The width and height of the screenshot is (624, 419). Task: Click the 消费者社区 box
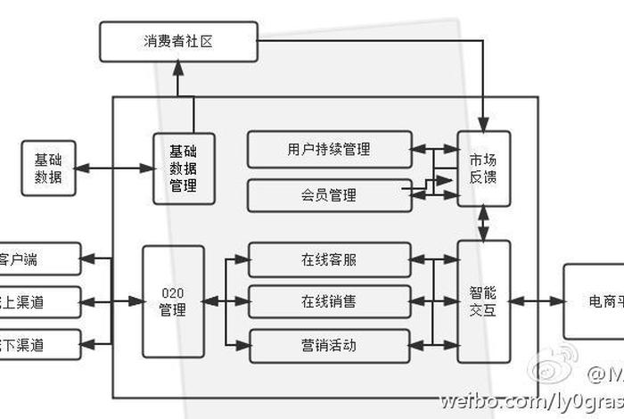(178, 42)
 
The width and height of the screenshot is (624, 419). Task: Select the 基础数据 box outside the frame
(48, 168)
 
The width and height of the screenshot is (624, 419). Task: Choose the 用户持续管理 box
(329, 149)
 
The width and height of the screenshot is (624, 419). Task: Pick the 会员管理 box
(329, 195)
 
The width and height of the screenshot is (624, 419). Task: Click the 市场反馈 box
(484, 168)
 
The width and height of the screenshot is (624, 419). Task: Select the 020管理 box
(173, 301)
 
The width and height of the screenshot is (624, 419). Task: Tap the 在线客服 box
(329, 260)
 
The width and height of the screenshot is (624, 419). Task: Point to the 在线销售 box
(329, 302)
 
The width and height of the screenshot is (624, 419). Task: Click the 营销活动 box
(329, 345)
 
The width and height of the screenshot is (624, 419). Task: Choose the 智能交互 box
(484, 301)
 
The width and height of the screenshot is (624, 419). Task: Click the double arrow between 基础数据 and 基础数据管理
(113, 168)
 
